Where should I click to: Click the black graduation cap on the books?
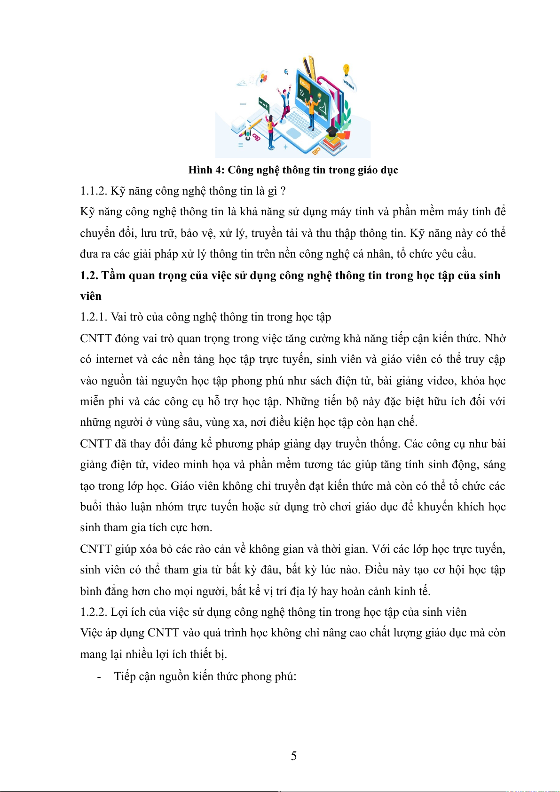[332, 131]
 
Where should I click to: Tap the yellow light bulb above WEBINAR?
[347, 69]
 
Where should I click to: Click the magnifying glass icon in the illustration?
[286, 72]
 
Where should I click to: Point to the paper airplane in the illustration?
[242, 84]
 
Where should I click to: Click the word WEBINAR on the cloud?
[349, 85]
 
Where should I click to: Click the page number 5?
[294, 755]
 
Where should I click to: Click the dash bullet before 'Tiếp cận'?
[99, 677]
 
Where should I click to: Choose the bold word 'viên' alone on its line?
[91, 296]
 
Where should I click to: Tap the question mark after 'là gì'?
[283, 191]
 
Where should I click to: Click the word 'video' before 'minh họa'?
[166, 465]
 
